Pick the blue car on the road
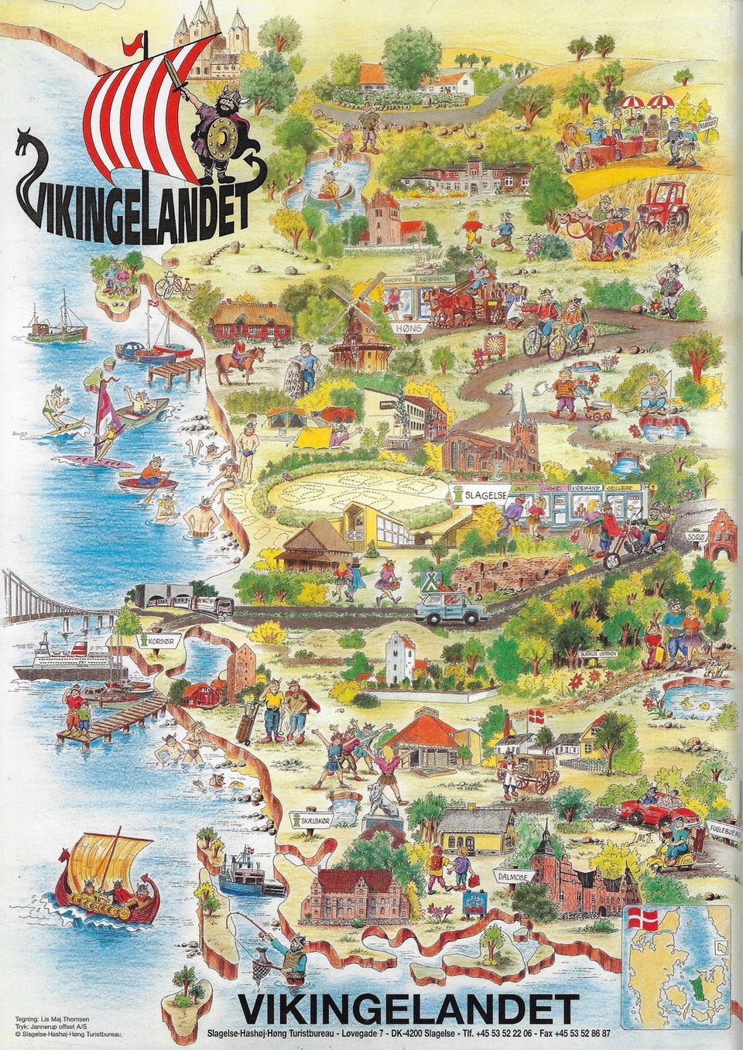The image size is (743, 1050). coord(452,608)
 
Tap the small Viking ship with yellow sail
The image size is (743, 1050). coord(108,880)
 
